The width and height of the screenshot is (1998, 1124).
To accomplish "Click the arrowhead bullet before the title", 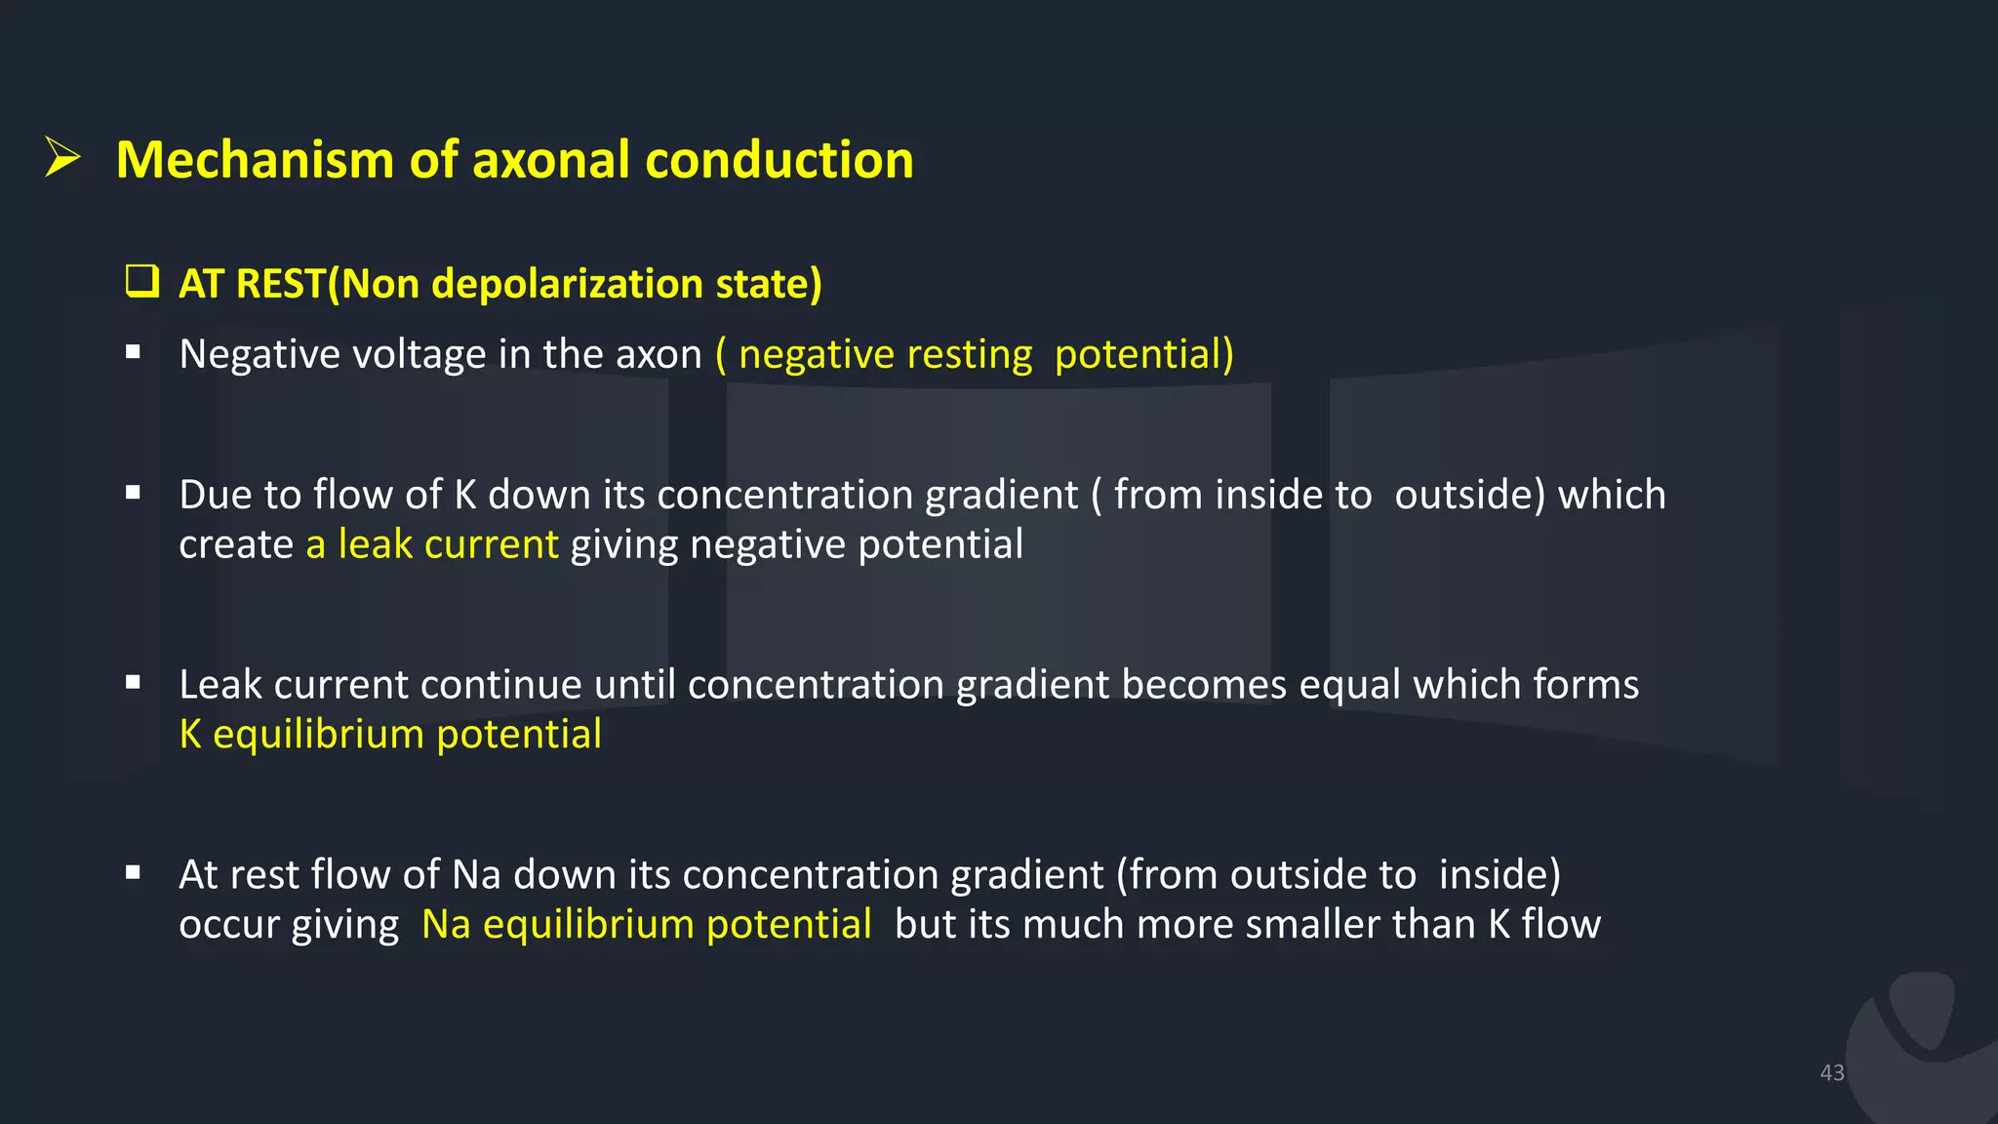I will (62, 158).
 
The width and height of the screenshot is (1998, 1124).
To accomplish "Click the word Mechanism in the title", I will (254, 160).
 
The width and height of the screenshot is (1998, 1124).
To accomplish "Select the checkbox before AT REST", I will (142, 281).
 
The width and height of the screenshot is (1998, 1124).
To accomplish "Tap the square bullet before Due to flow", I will (134, 494).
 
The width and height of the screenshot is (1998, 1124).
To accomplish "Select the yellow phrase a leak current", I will (432, 544).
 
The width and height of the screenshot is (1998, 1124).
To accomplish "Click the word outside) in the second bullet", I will (1470, 495).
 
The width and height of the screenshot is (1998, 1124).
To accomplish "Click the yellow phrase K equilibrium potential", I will (390, 735).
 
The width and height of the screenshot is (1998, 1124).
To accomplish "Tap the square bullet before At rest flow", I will (134, 873).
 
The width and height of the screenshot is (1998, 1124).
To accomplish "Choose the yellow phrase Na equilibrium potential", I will (646, 925).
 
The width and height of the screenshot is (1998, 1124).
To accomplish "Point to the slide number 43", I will (1831, 1072).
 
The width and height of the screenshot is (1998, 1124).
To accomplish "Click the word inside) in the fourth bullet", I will (1499, 875).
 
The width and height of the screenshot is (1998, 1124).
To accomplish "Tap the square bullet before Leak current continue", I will (134, 683).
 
